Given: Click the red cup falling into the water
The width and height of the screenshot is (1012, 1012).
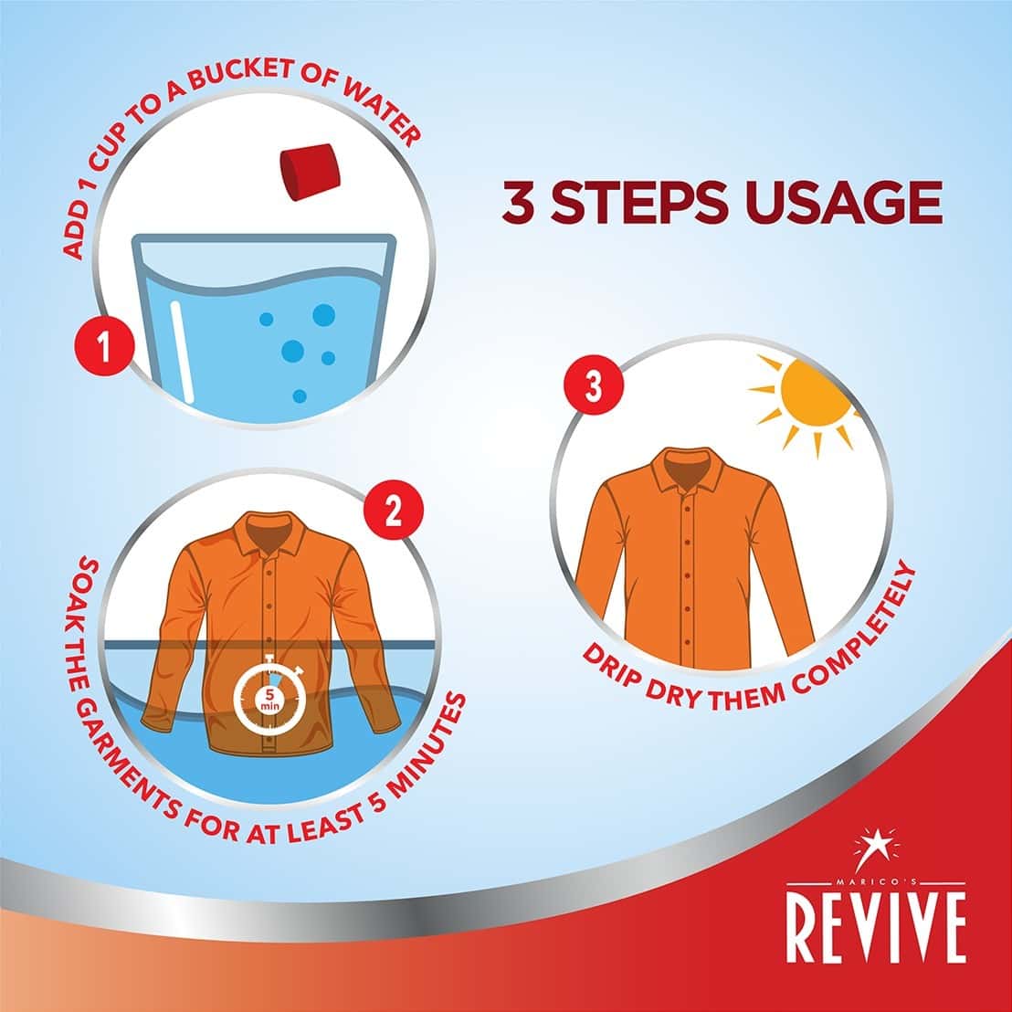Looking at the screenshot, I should [x=308, y=172].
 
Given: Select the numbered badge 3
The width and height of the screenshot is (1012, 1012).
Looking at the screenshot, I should [x=593, y=388].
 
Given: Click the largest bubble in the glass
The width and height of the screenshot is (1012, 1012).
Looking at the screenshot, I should [x=323, y=315].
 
